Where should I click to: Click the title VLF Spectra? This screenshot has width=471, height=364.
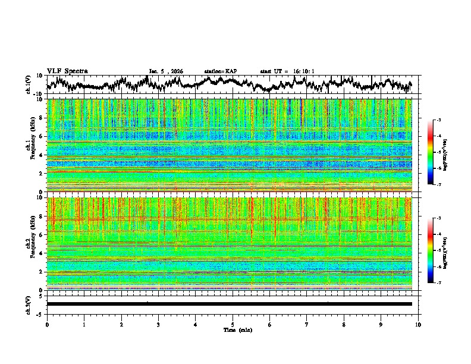67,71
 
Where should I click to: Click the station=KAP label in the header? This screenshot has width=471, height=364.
220,71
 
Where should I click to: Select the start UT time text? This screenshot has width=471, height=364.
287,71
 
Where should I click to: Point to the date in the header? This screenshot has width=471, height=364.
166,71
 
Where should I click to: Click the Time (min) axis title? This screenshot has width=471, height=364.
233,330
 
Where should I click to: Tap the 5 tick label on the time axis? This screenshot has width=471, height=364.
233,324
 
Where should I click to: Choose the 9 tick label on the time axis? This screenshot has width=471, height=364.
381,324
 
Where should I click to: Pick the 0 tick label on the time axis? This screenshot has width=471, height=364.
47,324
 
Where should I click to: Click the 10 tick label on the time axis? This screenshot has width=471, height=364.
418,324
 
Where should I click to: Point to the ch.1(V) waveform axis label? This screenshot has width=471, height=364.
29,84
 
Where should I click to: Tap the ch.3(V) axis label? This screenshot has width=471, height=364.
29,303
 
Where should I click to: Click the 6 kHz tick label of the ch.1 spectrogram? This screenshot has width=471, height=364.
42,136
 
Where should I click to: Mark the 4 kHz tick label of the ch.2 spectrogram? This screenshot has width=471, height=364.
42,253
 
